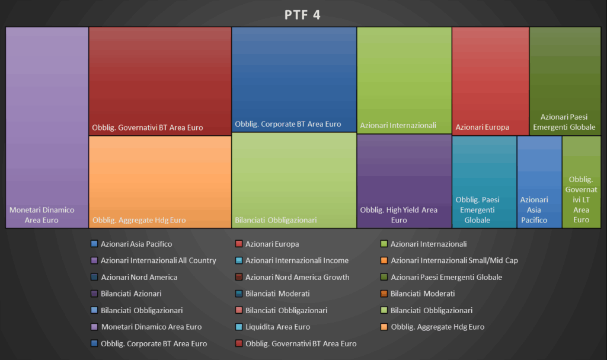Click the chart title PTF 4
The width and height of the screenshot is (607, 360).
tap(303, 15)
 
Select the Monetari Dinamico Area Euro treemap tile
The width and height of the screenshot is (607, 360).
tap(47, 128)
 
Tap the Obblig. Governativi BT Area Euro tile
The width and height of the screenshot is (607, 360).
tap(160, 81)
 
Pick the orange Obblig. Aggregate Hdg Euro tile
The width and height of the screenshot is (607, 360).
tap(160, 181)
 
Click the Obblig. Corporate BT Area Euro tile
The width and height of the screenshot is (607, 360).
tap(294, 79)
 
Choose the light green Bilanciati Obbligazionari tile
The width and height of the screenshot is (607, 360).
tap(294, 180)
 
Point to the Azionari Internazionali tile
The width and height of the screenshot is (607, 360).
tap(404, 80)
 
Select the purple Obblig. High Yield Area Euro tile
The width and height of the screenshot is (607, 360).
tap(404, 181)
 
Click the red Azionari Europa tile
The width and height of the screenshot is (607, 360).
tap(490, 81)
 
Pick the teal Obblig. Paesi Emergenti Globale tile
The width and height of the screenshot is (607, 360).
tap(484, 181)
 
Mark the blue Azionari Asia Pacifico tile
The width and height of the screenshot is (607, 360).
tap(539, 181)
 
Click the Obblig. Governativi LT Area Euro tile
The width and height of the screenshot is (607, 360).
tap(582, 181)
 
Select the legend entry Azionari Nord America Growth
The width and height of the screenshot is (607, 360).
tap(297, 277)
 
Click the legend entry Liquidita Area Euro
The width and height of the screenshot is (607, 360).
tap(277, 327)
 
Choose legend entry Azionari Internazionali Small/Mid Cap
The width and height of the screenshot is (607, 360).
tap(454, 260)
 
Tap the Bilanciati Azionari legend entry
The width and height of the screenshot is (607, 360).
tap(131, 294)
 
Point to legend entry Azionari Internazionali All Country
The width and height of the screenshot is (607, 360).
tap(158, 260)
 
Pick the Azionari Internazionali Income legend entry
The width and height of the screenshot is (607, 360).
tap(296, 260)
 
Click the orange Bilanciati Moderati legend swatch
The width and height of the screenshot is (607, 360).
tap(384, 294)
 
